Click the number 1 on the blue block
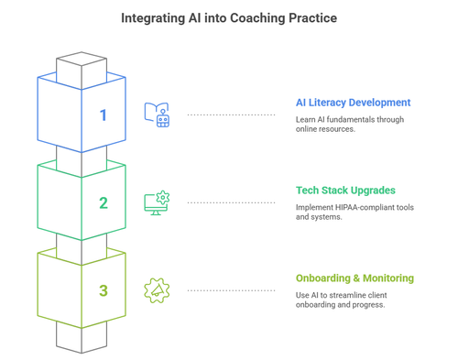tap(104, 115)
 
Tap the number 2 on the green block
tap(104, 202)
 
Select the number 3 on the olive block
tap(104, 290)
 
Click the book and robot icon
tap(157, 115)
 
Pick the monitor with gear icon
tap(157, 202)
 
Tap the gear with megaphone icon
tap(157, 290)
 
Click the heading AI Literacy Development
tap(353, 103)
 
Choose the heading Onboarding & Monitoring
tap(354, 278)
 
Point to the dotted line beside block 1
tap(231, 115)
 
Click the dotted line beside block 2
tap(231, 202)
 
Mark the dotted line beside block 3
tap(231, 290)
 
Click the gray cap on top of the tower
tap(82, 62)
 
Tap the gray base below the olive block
tap(82, 336)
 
